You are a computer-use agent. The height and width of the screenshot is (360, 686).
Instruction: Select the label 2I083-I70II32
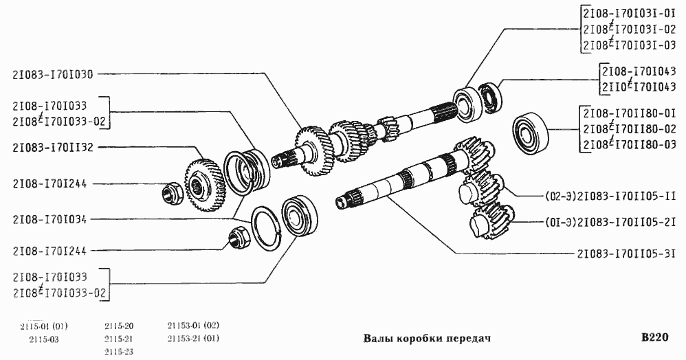[x=52, y=147]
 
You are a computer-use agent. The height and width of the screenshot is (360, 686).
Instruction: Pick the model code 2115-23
[x=119, y=352]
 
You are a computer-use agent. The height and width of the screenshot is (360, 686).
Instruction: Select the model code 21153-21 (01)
[x=193, y=339]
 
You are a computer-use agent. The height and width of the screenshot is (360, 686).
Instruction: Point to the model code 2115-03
[x=44, y=339]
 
